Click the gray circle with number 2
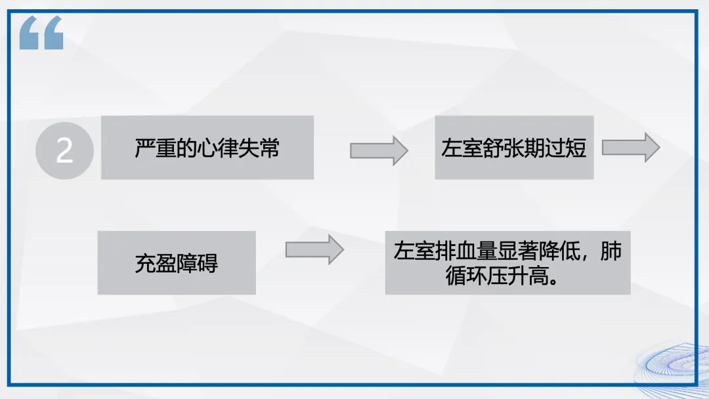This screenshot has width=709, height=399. [x=64, y=151]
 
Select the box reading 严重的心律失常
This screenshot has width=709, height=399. [x=207, y=148]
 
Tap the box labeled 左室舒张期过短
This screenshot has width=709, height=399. [x=514, y=148]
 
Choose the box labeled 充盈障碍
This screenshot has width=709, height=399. [x=177, y=262]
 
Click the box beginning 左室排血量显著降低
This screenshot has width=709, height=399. [x=507, y=262]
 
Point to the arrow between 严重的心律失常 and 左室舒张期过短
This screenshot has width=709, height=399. [x=379, y=150]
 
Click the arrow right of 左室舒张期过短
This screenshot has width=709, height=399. [x=630, y=148]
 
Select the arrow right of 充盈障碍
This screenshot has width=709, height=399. [x=314, y=249]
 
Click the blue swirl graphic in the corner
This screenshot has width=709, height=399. [x=673, y=364]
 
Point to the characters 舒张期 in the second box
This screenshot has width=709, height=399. [x=514, y=148]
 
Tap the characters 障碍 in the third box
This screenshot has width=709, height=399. [x=198, y=263]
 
